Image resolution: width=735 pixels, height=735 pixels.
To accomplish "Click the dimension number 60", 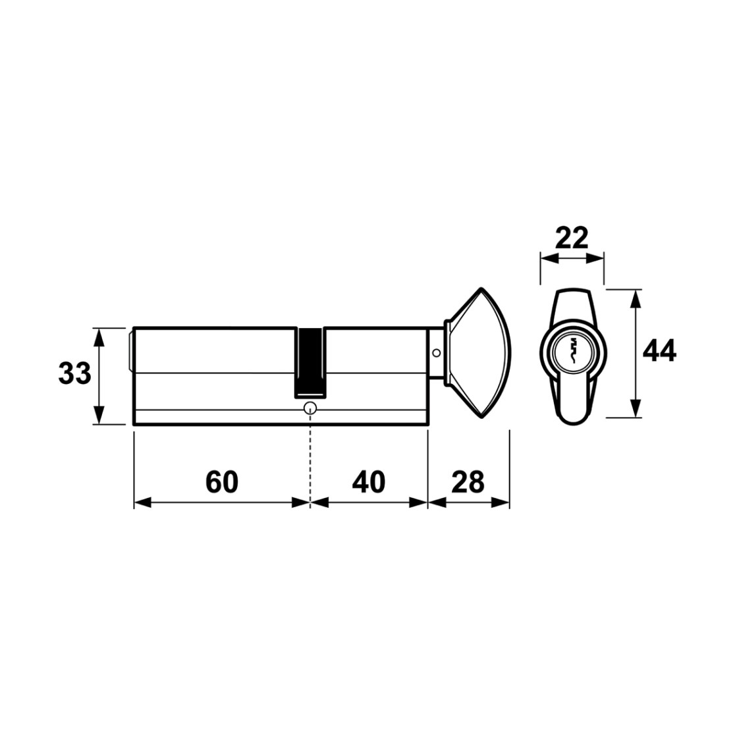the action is [222, 482].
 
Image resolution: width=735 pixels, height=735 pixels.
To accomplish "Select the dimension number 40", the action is [369, 482].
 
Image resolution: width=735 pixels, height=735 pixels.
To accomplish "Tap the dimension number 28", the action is [468, 482].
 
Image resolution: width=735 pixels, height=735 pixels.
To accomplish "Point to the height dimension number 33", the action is [74, 374].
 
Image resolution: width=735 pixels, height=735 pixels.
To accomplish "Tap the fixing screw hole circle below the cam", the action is [310, 408].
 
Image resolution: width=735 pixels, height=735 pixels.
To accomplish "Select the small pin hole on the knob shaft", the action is [437, 352].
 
